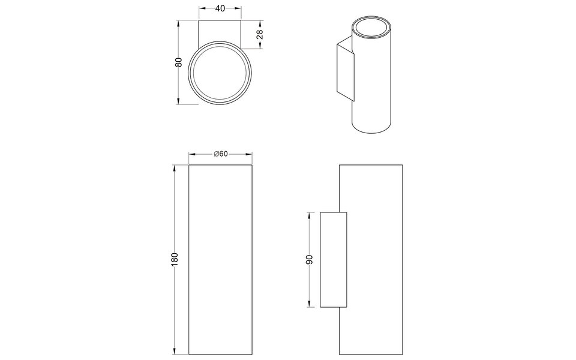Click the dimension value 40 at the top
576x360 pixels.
click(x=221, y=8)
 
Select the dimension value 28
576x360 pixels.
click(x=259, y=35)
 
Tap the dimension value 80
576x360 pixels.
click(x=178, y=62)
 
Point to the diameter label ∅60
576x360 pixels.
click(x=221, y=154)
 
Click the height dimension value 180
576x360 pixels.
click(x=175, y=259)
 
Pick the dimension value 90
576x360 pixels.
click(x=309, y=260)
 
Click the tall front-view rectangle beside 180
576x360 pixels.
click(x=221, y=259)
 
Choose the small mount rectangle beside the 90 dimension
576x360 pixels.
click(x=333, y=259)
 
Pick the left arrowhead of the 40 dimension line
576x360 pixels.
click(x=201, y=8)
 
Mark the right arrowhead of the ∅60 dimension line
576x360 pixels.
click(x=251, y=154)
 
